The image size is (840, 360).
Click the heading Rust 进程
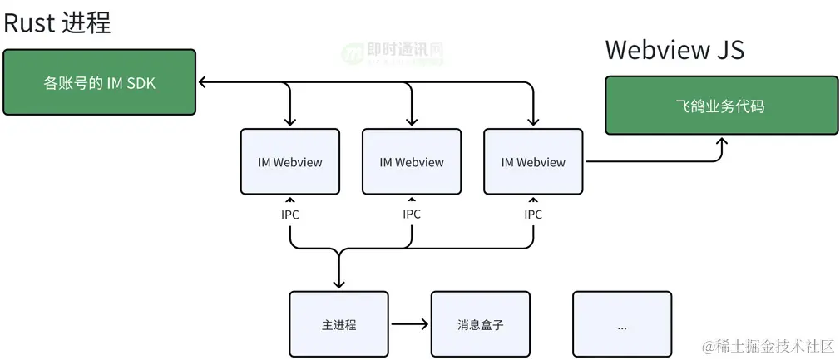[57, 22]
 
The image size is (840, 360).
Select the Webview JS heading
[674, 50]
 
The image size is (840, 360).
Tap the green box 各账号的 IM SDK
[99, 82]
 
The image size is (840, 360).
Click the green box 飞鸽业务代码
[720, 106]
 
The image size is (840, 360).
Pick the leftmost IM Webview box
[289, 162]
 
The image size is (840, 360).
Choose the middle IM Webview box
[412, 162]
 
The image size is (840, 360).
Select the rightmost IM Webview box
[533, 162]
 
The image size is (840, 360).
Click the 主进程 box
[338, 324]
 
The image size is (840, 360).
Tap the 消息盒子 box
[480, 324]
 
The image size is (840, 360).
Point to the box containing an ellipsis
[621, 324]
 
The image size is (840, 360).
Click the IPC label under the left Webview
[289, 215]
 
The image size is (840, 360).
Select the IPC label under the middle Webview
[412, 215]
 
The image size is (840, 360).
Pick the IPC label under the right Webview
[533, 215]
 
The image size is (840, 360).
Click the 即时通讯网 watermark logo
[391, 52]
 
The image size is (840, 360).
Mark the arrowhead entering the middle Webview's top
[412, 122]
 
